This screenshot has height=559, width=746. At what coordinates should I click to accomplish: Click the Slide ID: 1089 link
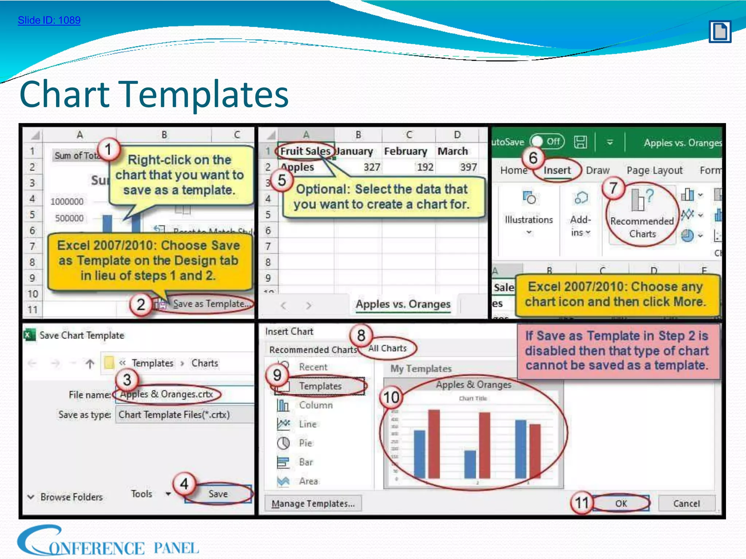pos(49,20)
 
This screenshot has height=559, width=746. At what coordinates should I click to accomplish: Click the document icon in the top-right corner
pos(720,32)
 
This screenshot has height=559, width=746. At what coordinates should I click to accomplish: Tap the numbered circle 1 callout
pos(108,149)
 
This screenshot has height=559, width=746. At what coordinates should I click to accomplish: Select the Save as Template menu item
pos(211,304)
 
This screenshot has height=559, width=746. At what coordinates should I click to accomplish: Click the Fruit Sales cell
pos(305,151)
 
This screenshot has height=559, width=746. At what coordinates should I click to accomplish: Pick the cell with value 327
pos(372,167)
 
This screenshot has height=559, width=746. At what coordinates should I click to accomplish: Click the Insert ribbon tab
pos(557,170)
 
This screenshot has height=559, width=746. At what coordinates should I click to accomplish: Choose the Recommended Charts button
pos(642,215)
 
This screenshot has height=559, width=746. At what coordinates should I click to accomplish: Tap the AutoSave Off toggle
pos(547,142)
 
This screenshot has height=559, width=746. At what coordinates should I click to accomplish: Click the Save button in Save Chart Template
pos(218,494)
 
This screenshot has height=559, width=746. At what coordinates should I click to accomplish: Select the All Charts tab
pos(387,348)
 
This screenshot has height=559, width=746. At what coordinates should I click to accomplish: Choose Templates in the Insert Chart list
pos(320,386)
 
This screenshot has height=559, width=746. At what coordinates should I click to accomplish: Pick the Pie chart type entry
pos(305,443)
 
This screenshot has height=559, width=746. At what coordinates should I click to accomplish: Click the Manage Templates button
pos(313,504)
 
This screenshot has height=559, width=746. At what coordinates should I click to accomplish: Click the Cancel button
pos(686,504)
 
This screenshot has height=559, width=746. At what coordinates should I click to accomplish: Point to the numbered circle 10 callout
pos(391,397)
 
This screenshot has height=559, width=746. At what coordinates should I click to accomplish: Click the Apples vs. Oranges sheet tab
pos(403,304)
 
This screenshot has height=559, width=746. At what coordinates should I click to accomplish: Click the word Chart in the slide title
pos(65,94)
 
